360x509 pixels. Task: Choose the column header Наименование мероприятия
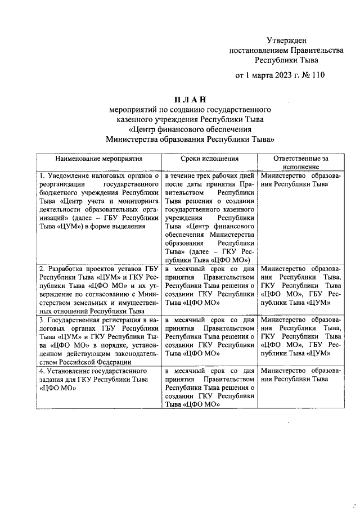click(x=98, y=159)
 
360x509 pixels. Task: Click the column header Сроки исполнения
click(x=210, y=159)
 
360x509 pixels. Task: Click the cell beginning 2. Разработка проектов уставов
click(x=98, y=288)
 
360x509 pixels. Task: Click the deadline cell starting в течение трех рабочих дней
click(x=210, y=217)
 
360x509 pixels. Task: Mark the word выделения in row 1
click(x=129, y=226)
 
